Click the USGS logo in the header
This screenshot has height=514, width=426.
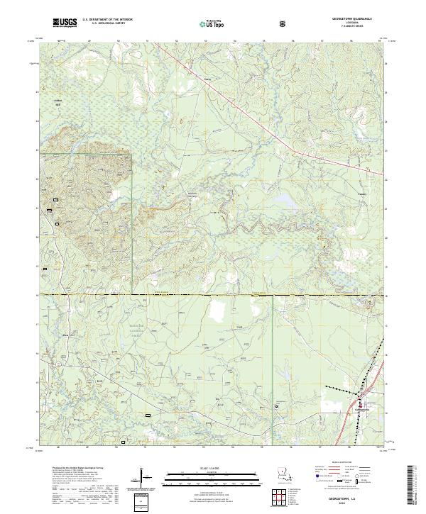point(65,23)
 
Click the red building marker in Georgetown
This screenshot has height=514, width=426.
point(359,406)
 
